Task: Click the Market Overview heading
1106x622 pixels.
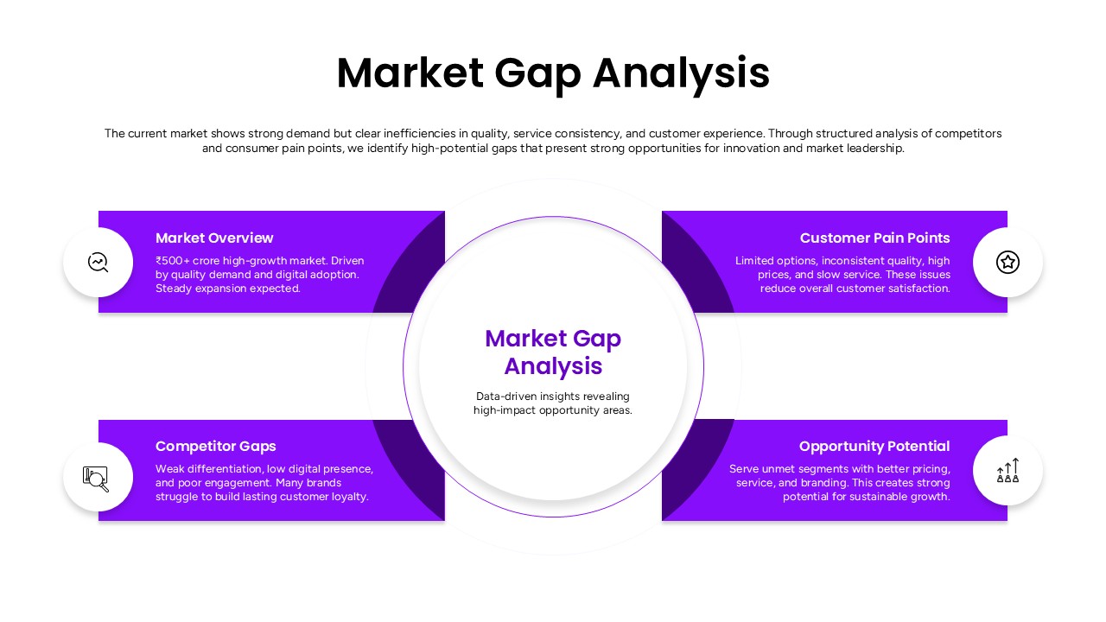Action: click(x=214, y=238)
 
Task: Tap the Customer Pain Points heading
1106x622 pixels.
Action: click(x=874, y=238)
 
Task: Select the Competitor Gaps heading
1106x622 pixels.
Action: click(x=215, y=446)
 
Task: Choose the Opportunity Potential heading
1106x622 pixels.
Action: click(x=874, y=446)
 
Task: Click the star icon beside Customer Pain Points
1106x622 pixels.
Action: click(x=1007, y=262)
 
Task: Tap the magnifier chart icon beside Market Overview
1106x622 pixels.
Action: click(x=99, y=262)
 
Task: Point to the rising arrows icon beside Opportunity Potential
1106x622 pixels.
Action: click(x=1007, y=471)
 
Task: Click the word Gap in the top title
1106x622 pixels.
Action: click(x=537, y=73)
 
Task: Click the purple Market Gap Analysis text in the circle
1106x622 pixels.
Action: click(x=553, y=352)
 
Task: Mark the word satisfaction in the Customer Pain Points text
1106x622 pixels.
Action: click(x=919, y=289)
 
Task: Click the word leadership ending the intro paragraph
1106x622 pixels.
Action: click(x=875, y=148)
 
